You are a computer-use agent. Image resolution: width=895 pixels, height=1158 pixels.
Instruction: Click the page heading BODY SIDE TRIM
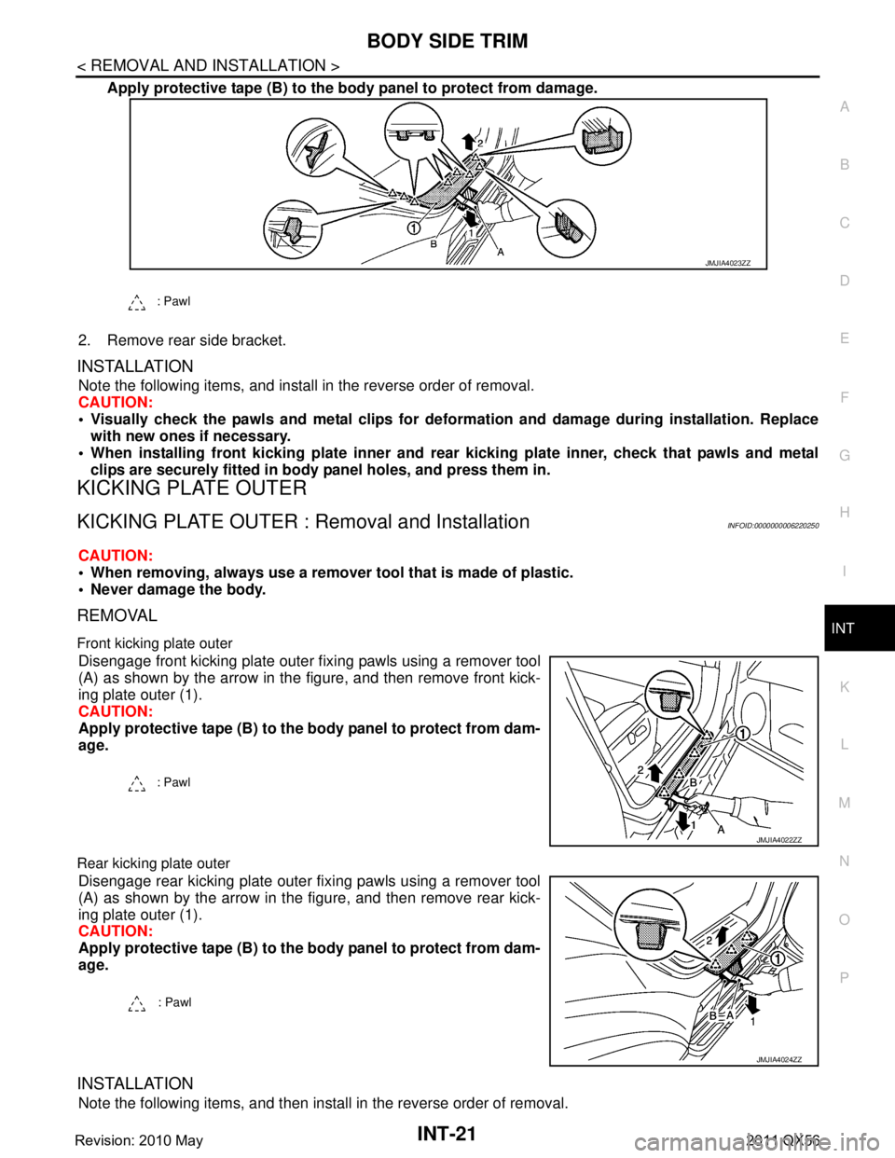click(447, 41)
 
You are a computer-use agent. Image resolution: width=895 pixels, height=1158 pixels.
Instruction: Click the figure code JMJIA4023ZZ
click(728, 263)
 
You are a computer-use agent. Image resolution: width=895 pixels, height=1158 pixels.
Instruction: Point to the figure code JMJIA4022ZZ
click(778, 840)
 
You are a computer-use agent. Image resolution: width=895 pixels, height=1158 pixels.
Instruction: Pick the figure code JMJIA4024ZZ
click(778, 1060)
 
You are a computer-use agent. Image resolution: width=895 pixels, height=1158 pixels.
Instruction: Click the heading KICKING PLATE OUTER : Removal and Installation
click(304, 522)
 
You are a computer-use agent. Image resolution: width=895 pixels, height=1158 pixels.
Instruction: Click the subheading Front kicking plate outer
click(155, 643)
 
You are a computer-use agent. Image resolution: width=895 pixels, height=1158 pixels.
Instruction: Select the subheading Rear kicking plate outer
click(154, 863)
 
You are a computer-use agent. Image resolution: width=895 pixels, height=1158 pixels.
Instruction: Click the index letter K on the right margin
click(845, 687)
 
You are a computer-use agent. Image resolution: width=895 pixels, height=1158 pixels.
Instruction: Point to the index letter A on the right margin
click(845, 107)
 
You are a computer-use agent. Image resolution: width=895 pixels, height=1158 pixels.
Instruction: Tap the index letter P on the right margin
click(845, 977)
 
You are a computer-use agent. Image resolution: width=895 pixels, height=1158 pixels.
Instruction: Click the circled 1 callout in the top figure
click(413, 228)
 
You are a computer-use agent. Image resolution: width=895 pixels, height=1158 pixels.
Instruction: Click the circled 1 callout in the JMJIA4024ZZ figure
click(778, 958)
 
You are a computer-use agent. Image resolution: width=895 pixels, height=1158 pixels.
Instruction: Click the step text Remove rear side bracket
click(197, 340)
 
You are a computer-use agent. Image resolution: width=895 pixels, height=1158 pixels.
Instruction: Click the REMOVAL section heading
click(117, 615)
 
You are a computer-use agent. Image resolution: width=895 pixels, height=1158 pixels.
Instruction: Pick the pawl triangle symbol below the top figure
click(137, 302)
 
